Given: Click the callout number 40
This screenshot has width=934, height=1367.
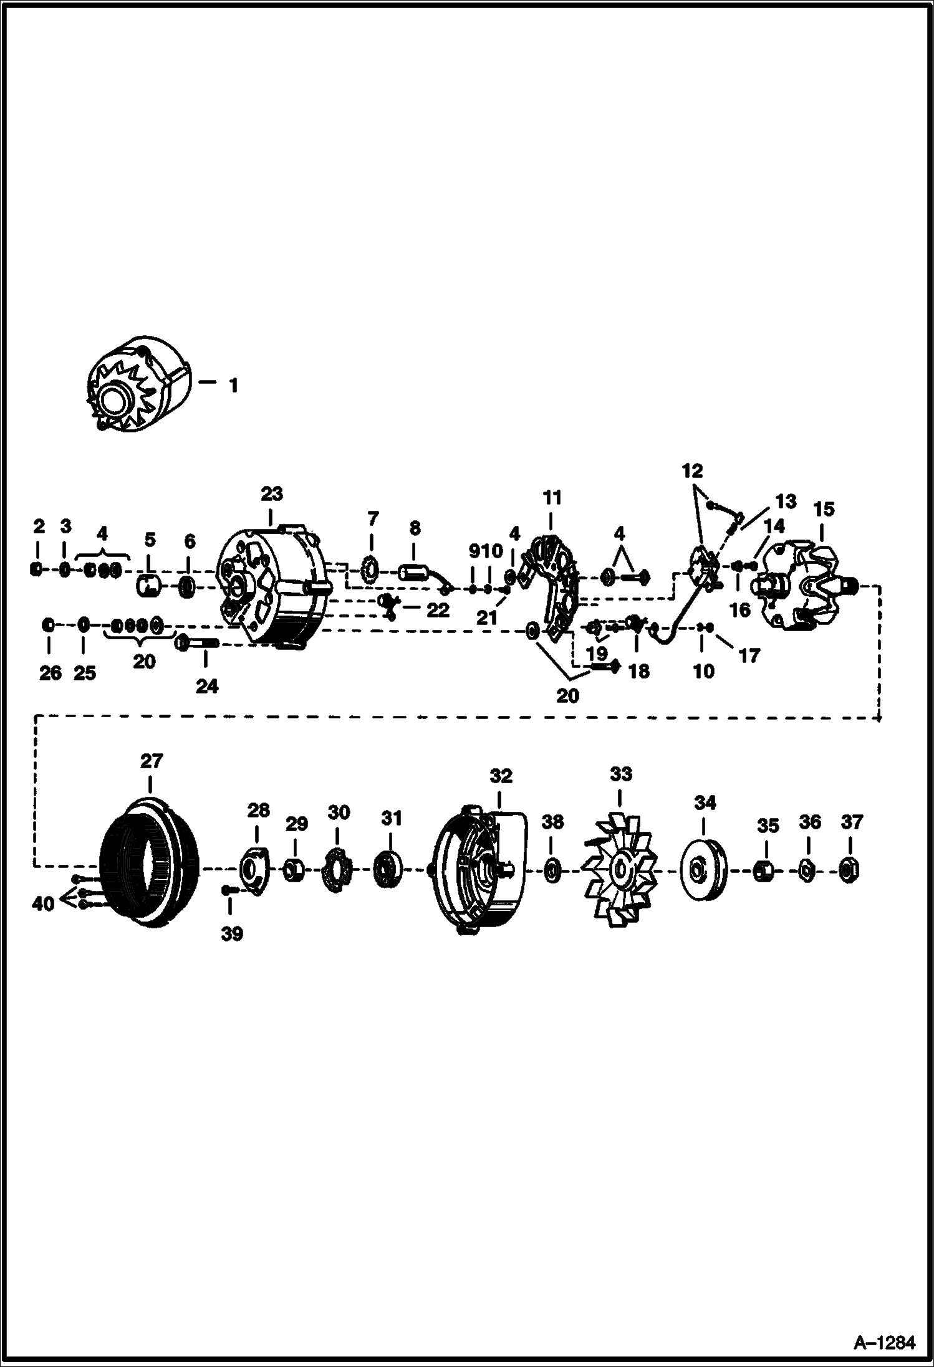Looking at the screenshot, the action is coord(43,903).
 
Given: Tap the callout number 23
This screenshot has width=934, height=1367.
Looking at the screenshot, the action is coord(271,494).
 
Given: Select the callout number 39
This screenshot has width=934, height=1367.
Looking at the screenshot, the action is coord(232,934).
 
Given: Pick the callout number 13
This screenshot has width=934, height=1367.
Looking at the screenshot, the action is coord(786,501).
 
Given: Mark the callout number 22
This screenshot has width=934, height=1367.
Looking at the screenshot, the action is coord(438,610).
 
